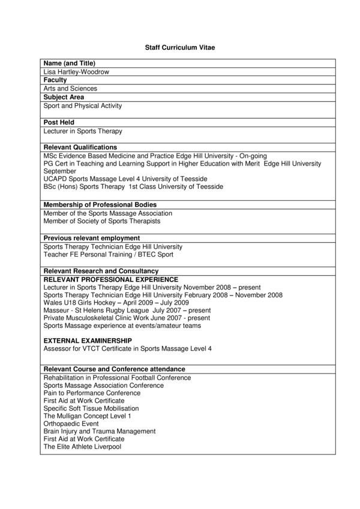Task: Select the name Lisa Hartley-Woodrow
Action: coord(76,71)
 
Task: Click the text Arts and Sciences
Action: coord(70,89)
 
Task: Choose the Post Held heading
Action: coord(59,122)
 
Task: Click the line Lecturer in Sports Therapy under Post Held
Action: coord(83,131)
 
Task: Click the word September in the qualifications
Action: coord(60,171)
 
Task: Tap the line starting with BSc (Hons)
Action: coord(133,186)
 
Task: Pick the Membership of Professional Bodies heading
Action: coord(100,205)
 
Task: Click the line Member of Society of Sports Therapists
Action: coord(102,221)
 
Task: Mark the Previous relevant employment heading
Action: coord(92,238)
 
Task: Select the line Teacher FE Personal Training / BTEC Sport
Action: coord(109,254)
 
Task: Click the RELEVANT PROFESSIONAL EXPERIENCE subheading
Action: coord(111,279)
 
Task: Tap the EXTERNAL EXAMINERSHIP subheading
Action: coord(88,341)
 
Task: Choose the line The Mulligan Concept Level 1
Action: coord(87,415)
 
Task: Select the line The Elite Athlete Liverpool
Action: coord(82,447)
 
